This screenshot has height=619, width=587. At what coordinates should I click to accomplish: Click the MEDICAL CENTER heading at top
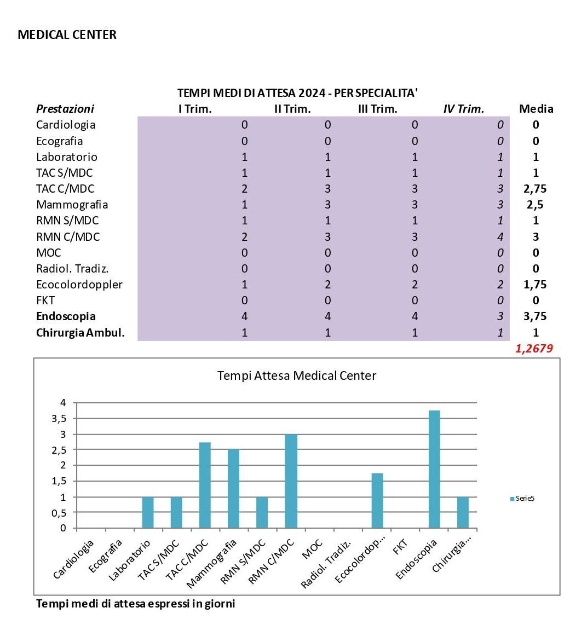(67, 34)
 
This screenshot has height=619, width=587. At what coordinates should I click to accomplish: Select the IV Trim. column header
(464, 109)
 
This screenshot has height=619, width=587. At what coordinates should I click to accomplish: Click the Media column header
(536, 109)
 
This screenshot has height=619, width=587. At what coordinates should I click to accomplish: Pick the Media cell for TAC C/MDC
(535, 189)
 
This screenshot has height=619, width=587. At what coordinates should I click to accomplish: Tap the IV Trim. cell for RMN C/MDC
(500, 237)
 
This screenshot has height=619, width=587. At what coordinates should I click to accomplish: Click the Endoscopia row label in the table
(66, 316)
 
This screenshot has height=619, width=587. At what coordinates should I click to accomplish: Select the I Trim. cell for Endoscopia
(245, 316)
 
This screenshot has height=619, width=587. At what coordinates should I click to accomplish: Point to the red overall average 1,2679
(534, 349)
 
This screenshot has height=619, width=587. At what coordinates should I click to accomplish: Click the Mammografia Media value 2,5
(535, 205)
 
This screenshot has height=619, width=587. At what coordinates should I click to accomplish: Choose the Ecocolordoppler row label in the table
(79, 285)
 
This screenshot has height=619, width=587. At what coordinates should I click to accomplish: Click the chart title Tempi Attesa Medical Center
(297, 375)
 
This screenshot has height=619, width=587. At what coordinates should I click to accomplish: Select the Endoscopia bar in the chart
(435, 469)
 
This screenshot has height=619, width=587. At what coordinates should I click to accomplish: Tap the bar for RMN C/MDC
(291, 481)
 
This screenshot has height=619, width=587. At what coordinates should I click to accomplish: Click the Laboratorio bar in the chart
(148, 512)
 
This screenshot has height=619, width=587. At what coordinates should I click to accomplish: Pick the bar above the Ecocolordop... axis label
(377, 501)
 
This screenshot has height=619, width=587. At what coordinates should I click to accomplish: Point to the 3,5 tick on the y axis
(59, 419)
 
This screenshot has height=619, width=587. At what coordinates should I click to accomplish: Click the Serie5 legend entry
(522, 499)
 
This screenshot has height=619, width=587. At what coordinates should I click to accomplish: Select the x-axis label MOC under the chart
(312, 549)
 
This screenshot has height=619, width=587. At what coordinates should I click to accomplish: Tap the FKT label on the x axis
(400, 547)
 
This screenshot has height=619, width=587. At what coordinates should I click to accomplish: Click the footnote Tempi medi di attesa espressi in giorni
(135, 604)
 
